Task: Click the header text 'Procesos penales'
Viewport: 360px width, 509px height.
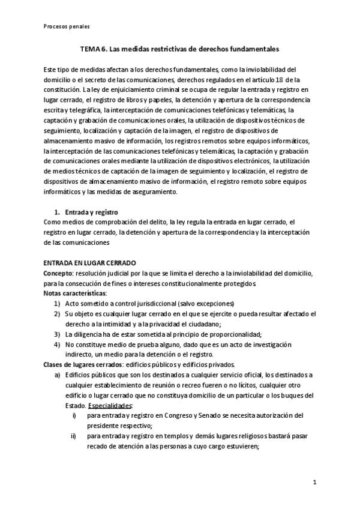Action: tap(67, 26)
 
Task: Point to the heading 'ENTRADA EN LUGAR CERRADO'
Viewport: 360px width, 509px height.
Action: tap(90, 263)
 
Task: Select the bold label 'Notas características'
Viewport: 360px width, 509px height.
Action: tap(75, 293)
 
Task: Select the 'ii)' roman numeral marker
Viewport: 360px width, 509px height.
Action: tap(74, 436)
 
